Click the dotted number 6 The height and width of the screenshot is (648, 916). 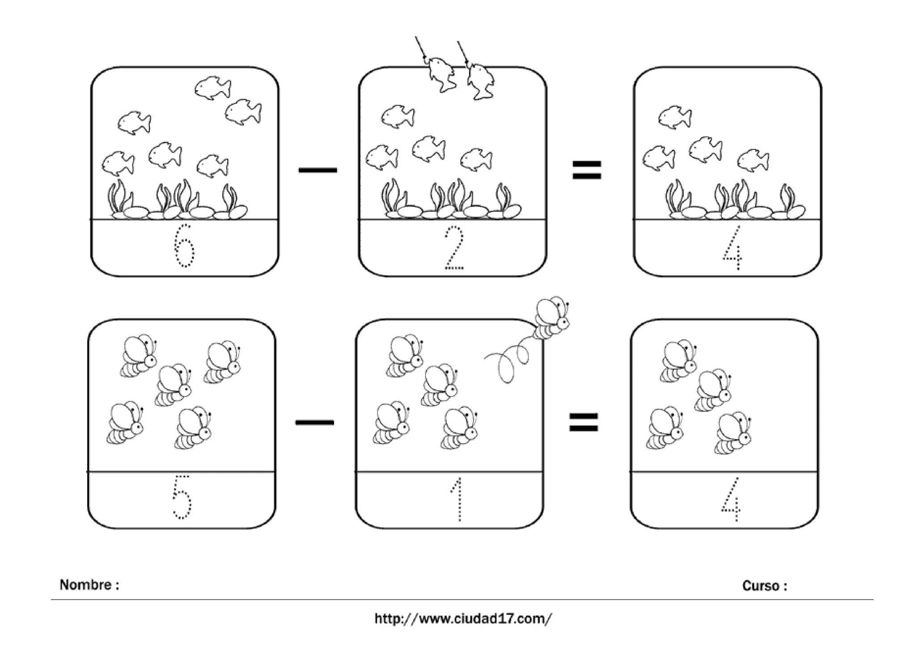[x=184, y=246]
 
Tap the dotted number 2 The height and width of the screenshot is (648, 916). [x=454, y=248]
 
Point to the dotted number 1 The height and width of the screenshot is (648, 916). [x=457, y=499]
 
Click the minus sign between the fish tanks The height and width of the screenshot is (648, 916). [x=318, y=170]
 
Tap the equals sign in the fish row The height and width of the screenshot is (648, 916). [x=587, y=170]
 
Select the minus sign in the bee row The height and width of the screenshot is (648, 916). [x=314, y=422]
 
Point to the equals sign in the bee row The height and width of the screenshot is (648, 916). [x=583, y=422]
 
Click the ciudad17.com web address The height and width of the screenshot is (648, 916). [x=463, y=619]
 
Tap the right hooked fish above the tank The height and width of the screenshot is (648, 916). [x=480, y=81]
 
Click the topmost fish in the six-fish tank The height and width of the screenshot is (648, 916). [x=213, y=87]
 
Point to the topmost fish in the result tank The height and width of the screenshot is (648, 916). [x=675, y=117]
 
